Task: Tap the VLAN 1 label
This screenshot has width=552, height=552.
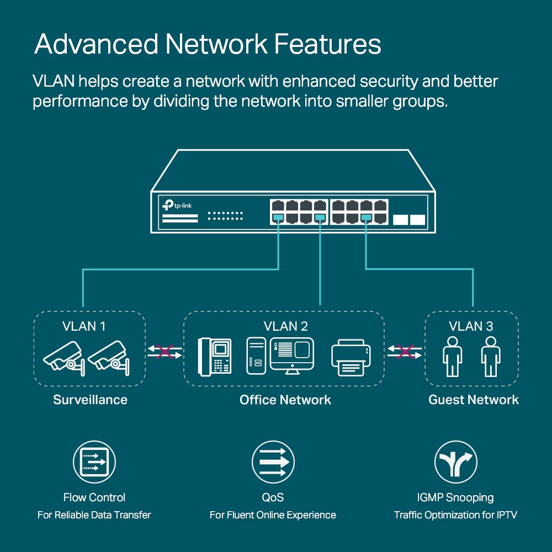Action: click(83, 326)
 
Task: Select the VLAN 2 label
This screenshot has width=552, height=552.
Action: click(285, 326)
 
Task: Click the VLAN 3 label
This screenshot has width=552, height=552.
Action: click(471, 326)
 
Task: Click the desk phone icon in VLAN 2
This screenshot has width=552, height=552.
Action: click(215, 356)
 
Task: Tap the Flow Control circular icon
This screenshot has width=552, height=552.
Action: click(94, 462)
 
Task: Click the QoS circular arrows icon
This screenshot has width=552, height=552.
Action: click(273, 462)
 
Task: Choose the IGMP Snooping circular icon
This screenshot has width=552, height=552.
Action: click(455, 462)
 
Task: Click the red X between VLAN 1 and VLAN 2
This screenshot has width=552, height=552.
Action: click(164, 352)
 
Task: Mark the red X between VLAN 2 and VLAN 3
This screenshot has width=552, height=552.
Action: click(406, 352)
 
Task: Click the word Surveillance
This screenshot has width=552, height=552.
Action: click(90, 400)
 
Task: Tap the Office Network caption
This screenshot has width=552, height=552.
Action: click(285, 400)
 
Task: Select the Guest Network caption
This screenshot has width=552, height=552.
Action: click(474, 400)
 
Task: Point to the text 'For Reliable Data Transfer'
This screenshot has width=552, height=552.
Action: click(94, 515)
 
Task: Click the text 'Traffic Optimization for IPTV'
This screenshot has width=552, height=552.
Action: click(455, 515)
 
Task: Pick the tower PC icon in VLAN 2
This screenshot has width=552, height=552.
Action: click(256, 357)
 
